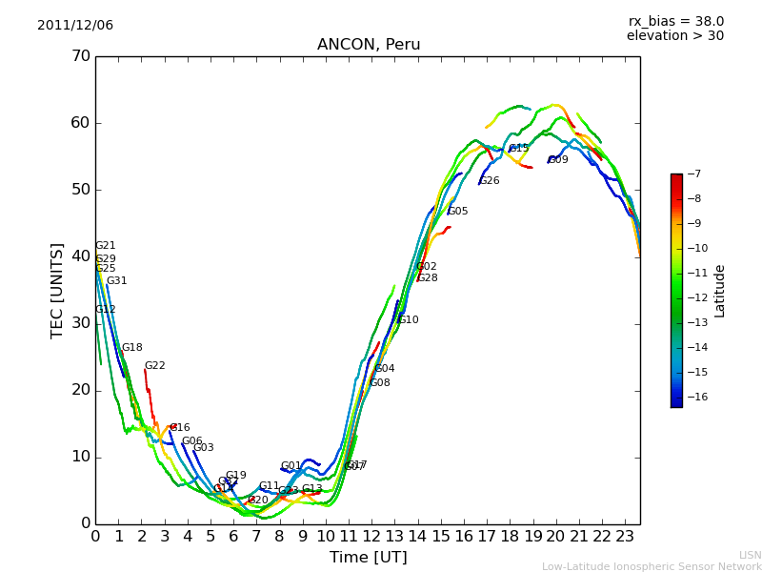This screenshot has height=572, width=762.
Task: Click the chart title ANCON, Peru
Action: tap(369, 45)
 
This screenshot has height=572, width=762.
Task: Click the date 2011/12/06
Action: tap(75, 26)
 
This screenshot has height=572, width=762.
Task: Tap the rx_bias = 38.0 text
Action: tap(675, 22)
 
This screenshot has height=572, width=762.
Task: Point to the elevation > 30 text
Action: tap(674, 36)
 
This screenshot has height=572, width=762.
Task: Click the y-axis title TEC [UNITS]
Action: tap(57, 290)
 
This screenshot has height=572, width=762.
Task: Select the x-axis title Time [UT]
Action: tap(368, 558)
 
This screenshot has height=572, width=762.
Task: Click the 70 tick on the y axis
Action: tap(80, 56)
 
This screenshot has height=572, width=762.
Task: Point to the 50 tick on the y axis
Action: tap(80, 190)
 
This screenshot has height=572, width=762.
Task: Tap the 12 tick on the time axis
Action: tap(371, 536)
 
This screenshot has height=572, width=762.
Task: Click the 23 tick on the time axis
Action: tap(625, 536)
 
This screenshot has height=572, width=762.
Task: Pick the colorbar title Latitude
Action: tap(720, 291)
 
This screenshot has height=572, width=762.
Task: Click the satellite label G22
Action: tap(155, 366)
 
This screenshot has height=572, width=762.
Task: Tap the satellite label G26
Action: tap(490, 181)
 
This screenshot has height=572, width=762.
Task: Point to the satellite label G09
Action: tap(558, 160)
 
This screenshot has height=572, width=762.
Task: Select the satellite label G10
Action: tap(409, 320)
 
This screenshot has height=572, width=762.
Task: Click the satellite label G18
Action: tap(132, 348)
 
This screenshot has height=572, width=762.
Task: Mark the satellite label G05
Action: tap(458, 212)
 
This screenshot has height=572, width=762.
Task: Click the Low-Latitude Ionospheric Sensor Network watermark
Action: tap(652, 566)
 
